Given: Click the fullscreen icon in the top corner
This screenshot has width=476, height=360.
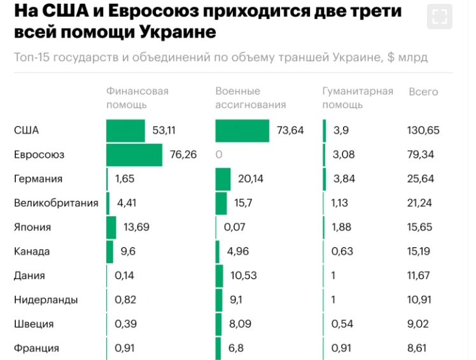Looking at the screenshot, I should [439, 17].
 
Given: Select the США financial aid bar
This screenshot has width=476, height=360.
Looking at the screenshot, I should [125, 130].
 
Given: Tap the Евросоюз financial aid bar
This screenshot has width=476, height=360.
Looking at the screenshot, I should [134, 155].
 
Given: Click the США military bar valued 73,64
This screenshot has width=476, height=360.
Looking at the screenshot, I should [242, 130].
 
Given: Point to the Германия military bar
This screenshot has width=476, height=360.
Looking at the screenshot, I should [223, 179].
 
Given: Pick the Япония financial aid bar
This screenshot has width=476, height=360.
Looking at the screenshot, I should [111, 227].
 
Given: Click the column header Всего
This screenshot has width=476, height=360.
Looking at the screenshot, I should [423, 92].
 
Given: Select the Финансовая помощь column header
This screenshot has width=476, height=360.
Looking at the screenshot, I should [137, 98].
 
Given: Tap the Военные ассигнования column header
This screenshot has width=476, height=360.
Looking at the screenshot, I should [251, 98].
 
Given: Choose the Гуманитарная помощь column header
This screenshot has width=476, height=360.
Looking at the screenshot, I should [358, 98].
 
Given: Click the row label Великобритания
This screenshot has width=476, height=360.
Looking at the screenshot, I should [56, 203].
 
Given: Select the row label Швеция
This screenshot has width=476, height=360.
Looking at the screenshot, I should [34, 324].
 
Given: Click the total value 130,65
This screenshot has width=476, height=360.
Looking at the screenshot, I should [424, 130].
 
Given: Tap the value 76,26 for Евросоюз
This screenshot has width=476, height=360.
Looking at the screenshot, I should [182, 155].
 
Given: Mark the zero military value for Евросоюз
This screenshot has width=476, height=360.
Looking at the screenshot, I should [219, 155].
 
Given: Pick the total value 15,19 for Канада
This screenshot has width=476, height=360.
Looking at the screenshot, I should [420, 251].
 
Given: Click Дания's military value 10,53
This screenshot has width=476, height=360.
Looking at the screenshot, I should [241, 275].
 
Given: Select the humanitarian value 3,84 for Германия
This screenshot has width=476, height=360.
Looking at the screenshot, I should [344, 179].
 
